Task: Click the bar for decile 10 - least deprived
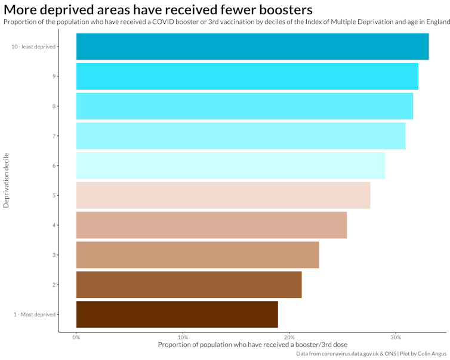(x=252, y=47)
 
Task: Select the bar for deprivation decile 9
(x=247, y=76)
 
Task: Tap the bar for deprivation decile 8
(x=244, y=106)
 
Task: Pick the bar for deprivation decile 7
(x=241, y=136)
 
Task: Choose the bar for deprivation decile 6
(x=230, y=165)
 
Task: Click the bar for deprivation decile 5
(x=223, y=195)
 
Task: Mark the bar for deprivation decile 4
(x=211, y=225)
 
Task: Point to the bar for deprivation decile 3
(x=198, y=255)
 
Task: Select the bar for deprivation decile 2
(x=189, y=285)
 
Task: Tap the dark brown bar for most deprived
(x=177, y=315)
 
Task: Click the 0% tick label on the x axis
(x=76, y=338)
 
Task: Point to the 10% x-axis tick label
(x=183, y=338)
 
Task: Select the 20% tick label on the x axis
(x=289, y=338)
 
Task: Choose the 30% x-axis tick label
(x=395, y=338)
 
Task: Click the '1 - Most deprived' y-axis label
(x=34, y=315)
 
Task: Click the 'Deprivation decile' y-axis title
(x=7, y=180)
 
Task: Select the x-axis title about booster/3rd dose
(x=252, y=345)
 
